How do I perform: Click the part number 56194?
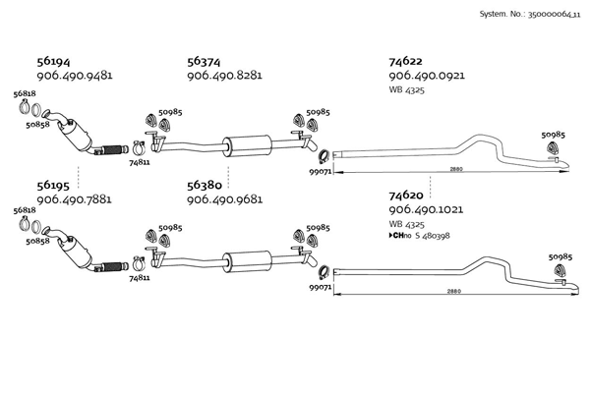(x=54, y=60)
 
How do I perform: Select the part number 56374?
(x=206, y=60)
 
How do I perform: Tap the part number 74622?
(x=408, y=60)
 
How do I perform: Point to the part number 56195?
(x=54, y=184)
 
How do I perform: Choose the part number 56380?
(x=206, y=184)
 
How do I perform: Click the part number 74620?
(x=408, y=196)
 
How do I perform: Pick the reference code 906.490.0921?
(x=427, y=76)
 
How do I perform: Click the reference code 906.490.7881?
(x=74, y=199)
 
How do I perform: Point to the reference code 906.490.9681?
(x=224, y=199)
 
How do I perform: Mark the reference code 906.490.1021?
(x=427, y=210)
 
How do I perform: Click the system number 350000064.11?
(x=533, y=15)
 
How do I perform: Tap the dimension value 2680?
(x=455, y=170)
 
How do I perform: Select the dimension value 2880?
(x=453, y=291)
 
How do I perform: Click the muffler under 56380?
(x=245, y=259)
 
